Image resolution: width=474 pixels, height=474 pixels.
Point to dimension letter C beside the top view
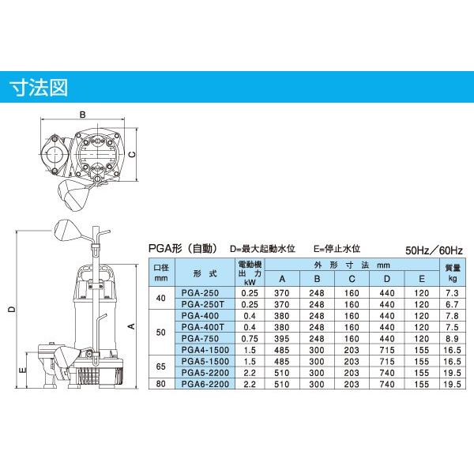coord(134,155)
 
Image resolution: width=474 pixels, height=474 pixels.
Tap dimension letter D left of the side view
coord(12,310)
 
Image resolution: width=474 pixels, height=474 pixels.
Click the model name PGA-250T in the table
coord(203,303)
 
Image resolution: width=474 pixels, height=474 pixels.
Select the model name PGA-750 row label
coord(203,337)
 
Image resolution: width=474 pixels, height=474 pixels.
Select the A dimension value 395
coord(280,337)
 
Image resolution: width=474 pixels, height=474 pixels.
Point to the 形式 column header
coord(203,273)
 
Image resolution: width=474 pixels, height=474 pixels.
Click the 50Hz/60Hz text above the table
coord(434,248)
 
